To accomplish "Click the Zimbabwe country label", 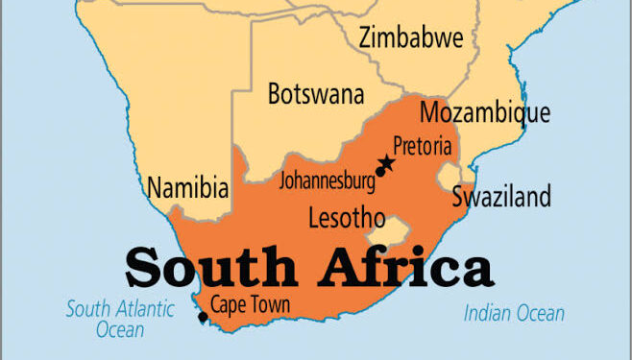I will point(411,38).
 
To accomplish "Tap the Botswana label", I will point(316,94).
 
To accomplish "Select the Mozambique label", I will point(485,112).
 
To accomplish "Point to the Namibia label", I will point(187,185).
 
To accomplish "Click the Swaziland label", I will point(501,199).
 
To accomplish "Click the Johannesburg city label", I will point(326,180).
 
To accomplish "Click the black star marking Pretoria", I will point(388,162).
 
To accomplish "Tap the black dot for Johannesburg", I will point(380,173).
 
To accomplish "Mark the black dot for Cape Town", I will point(202,317).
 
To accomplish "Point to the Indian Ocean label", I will point(514,313).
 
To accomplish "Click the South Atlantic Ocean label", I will point(120,319).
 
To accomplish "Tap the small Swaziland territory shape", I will point(449,177).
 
